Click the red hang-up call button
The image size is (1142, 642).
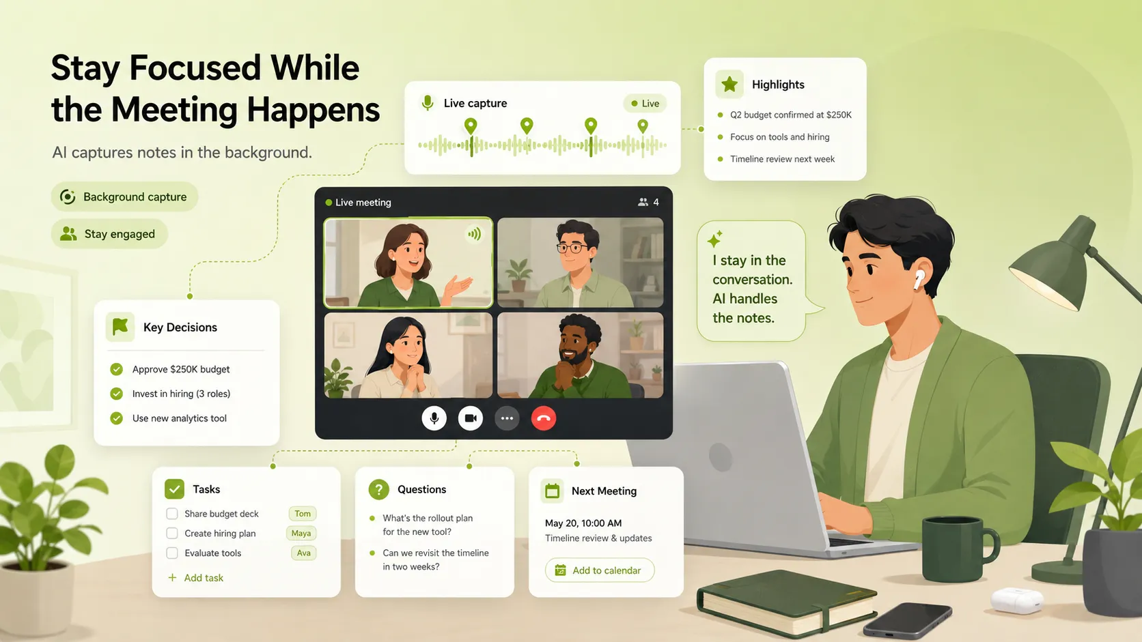click(544, 418)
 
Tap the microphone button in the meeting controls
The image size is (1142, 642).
click(434, 418)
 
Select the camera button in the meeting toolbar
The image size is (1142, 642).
click(470, 418)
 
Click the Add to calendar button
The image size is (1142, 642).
click(600, 570)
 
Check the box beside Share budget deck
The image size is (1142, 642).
click(172, 514)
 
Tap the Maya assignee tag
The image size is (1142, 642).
click(301, 533)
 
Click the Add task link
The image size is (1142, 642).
click(196, 578)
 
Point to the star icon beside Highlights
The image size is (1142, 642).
click(729, 84)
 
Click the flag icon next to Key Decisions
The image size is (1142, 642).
click(120, 326)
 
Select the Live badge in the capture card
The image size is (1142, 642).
click(645, 103)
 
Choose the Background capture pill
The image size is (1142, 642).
click(124, 196)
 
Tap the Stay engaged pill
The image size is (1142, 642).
click(109, 234)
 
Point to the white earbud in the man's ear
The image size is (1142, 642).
click(919, 280)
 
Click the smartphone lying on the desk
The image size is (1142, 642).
click(908, 620)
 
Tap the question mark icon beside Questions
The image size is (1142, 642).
click(379, 489)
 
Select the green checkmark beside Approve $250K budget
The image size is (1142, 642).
click(116, 369)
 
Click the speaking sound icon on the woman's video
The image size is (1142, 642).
click(475, 234)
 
